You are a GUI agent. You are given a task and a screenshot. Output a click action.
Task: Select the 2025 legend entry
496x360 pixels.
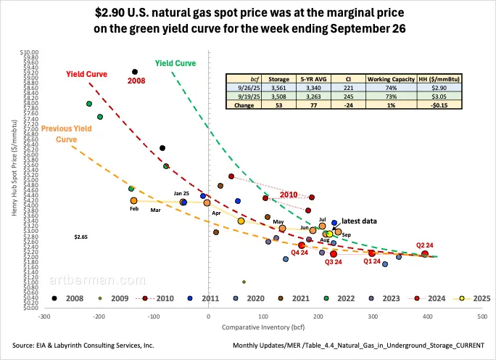click(476, 298)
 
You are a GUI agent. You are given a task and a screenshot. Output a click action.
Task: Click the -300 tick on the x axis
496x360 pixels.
click(44, 316)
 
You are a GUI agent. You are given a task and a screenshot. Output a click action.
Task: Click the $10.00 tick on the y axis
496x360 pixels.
click(29, 52)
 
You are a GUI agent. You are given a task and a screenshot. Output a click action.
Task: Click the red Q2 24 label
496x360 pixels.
click(426, 245)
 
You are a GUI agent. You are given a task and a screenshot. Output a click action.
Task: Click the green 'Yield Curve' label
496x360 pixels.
click(175, 63)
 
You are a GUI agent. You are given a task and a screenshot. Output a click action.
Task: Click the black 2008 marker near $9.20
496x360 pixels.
click(135, 71)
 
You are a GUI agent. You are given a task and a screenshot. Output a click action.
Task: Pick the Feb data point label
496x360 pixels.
click(133, 209)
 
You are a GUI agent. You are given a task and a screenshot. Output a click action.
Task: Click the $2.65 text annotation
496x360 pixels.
click(81, 237)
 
